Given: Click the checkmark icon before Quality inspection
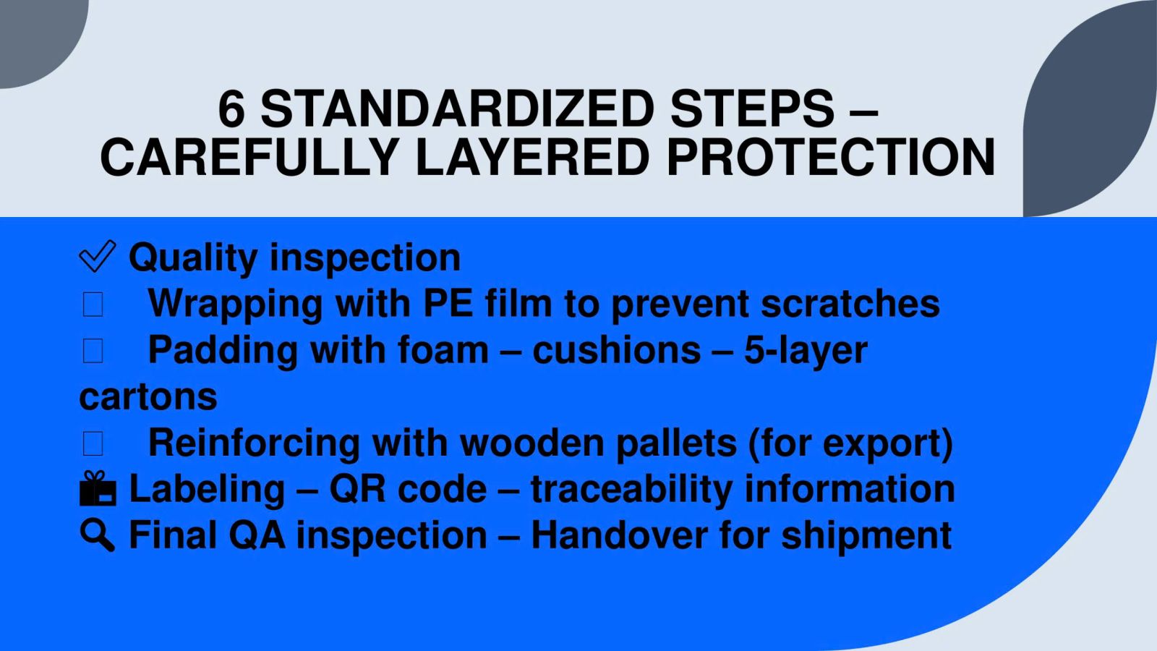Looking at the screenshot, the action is (x=98, y=256).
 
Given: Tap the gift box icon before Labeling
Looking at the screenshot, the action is (x=98, y=488).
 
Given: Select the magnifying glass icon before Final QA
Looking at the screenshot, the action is (x=98, y=535).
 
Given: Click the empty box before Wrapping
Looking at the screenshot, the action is (x=93, y=305).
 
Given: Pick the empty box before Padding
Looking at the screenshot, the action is (x=93, y=351).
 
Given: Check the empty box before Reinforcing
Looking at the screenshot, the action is (x=93, y=444).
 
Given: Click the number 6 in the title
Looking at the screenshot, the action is (x=231, y=109).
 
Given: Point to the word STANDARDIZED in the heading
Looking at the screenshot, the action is (x=458, y=109).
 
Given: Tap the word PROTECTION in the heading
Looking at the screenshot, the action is (x=831, y=157).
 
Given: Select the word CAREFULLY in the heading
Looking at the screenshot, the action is (x=249, y=157).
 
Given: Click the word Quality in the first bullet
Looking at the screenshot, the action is (x=193, y=258).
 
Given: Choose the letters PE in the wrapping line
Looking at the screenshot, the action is (x=448, y=303).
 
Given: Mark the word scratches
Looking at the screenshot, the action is (x=850, y=303).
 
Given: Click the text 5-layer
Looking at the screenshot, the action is (x=806, y=352).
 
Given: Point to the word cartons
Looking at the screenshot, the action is (x=148, y=397).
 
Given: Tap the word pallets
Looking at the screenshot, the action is (x=676, y=443).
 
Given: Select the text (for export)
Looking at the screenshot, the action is (x=850, y=444).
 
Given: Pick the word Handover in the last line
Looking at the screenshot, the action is (x=619, y=535).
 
